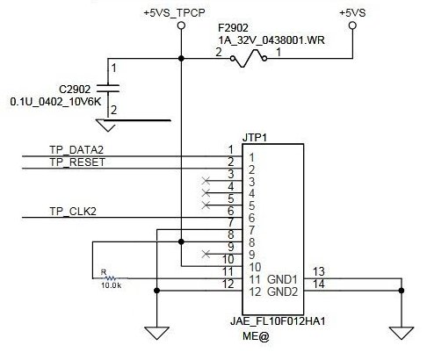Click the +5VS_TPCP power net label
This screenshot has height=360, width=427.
point(174,13)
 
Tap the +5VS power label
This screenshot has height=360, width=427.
point(352,13)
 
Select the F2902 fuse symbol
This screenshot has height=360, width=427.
point(249,59)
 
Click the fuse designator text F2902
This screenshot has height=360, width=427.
point(233,28)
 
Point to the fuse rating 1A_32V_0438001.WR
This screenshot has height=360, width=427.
point(271,40)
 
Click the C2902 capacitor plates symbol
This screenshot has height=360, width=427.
point(108,89)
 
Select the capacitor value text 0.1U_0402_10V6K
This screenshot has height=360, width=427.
point(55,102)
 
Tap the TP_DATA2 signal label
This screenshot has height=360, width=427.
point(76,150)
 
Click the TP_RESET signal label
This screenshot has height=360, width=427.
point(77,162)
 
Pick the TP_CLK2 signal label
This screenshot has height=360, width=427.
point(73,211)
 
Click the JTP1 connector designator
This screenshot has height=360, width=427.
point(255,138)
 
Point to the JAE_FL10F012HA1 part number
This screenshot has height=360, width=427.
point(278,321)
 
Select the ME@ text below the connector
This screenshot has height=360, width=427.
point(256,336)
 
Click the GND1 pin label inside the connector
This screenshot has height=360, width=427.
point(282,279)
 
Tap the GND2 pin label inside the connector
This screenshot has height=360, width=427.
point(282,292)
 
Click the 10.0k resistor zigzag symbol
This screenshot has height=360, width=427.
point(112,278)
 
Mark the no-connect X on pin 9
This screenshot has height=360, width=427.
point(206,254)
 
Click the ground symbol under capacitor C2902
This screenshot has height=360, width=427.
point(107,126)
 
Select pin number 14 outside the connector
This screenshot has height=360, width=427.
point(319,284)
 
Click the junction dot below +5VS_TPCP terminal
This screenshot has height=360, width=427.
point(181,59)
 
